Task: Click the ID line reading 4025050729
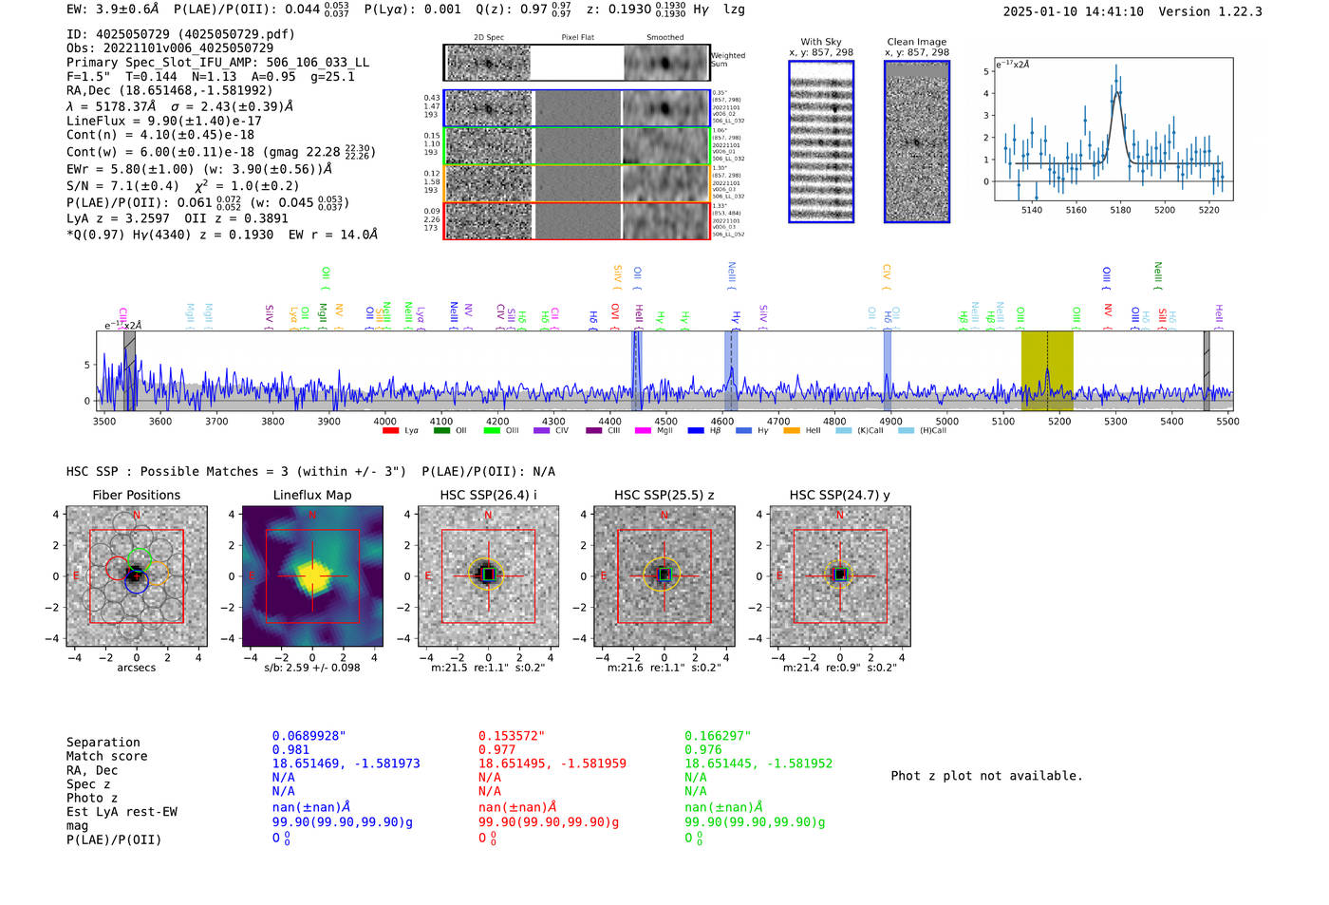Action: coord(180,34)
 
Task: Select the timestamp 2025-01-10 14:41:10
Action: coord(1073,11)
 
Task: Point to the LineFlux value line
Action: coord(163,121)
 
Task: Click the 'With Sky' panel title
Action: coord(820,42)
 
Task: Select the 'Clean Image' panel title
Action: coord(916,42)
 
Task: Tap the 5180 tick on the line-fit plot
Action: coord(1120,210)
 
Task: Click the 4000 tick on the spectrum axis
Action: coord(384,422)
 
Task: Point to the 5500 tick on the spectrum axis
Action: coord(1227,422)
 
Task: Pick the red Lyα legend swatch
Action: coord(390,431)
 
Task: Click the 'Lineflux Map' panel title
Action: coord(311,495)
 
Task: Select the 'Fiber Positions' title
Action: coord(136,495)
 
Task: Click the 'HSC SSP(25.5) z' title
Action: coord(664,495)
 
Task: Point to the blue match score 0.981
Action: coord(290,749)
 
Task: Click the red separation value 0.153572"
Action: coord(512,736)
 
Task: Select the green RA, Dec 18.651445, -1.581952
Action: coord(758,764)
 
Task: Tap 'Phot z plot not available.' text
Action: coord(986,776)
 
